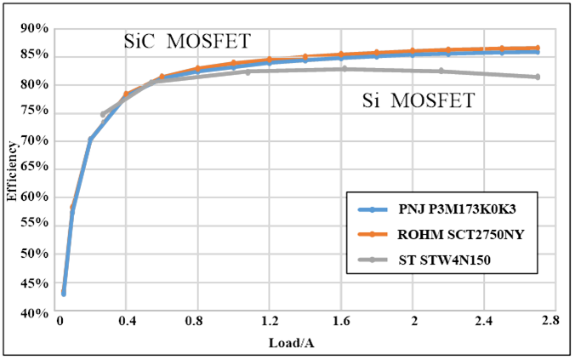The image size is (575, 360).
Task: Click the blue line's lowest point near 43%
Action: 63,293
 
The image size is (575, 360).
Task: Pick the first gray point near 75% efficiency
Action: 103,114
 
